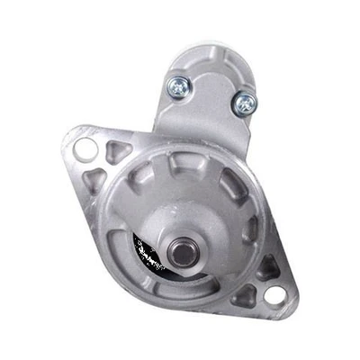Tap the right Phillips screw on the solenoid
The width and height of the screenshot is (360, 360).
[242, 104]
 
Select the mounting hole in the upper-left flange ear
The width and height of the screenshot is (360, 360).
[84, 147]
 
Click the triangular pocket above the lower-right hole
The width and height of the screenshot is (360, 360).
[266, 266]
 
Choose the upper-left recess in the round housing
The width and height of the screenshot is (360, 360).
[139, 180]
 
